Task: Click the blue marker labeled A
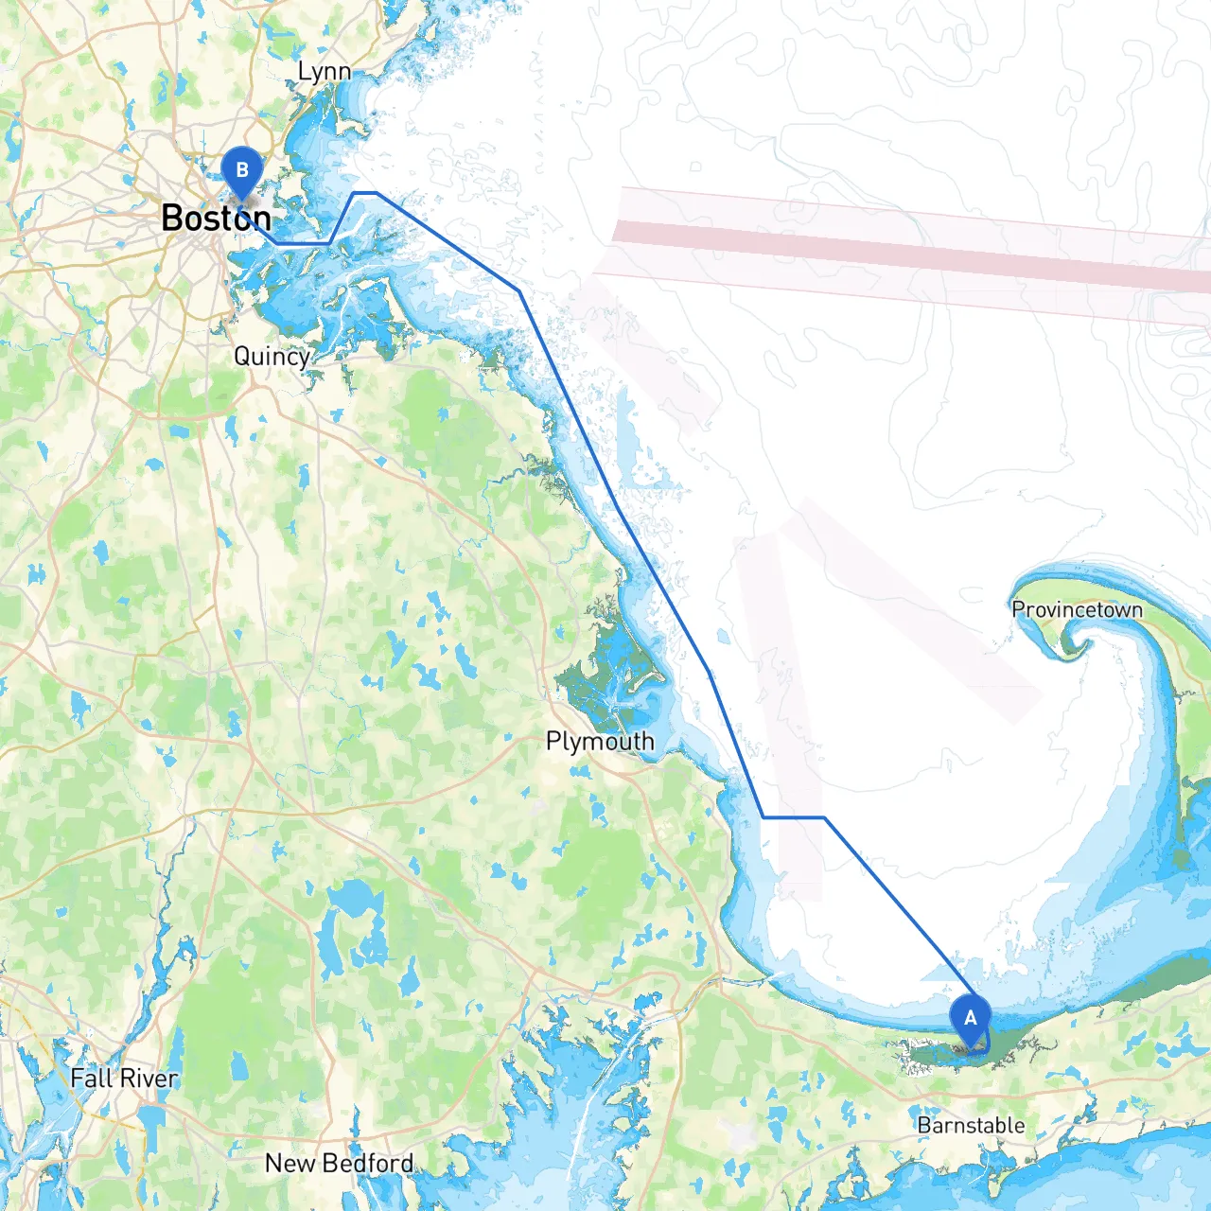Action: click(970, 1020)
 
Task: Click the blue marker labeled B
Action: click(242, 172)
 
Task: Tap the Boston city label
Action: click(216, 219)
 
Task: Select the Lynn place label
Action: click(324, 72)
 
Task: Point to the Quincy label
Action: click(272, 356)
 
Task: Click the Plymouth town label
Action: click(600, 741)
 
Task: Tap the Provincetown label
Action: click(1077, 610)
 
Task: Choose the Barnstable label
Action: click(971, 1125)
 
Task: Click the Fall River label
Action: click(124, 1078)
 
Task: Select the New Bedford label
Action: click(339, 1163)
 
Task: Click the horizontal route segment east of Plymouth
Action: click(793, 816)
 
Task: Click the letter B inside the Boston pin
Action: click(242, 169)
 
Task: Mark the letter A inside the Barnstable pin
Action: click(970, 1017)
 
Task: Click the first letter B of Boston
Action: click(172, 219)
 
